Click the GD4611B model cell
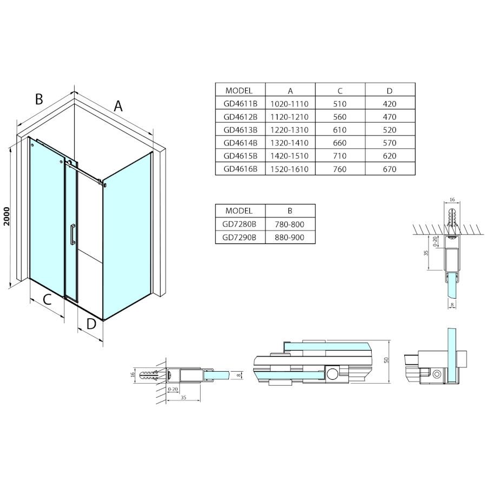coord(240,103)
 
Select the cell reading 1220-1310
coord(289,129)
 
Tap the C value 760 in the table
coord(340,169)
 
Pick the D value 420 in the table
coord(390,103)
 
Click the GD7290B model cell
coord(240,238)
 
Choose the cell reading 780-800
coord(289,224)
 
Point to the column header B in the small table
coord(290,211)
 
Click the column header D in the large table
coord(390,91)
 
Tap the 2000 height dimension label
coord(7,216)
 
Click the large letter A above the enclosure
coord(119,106)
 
